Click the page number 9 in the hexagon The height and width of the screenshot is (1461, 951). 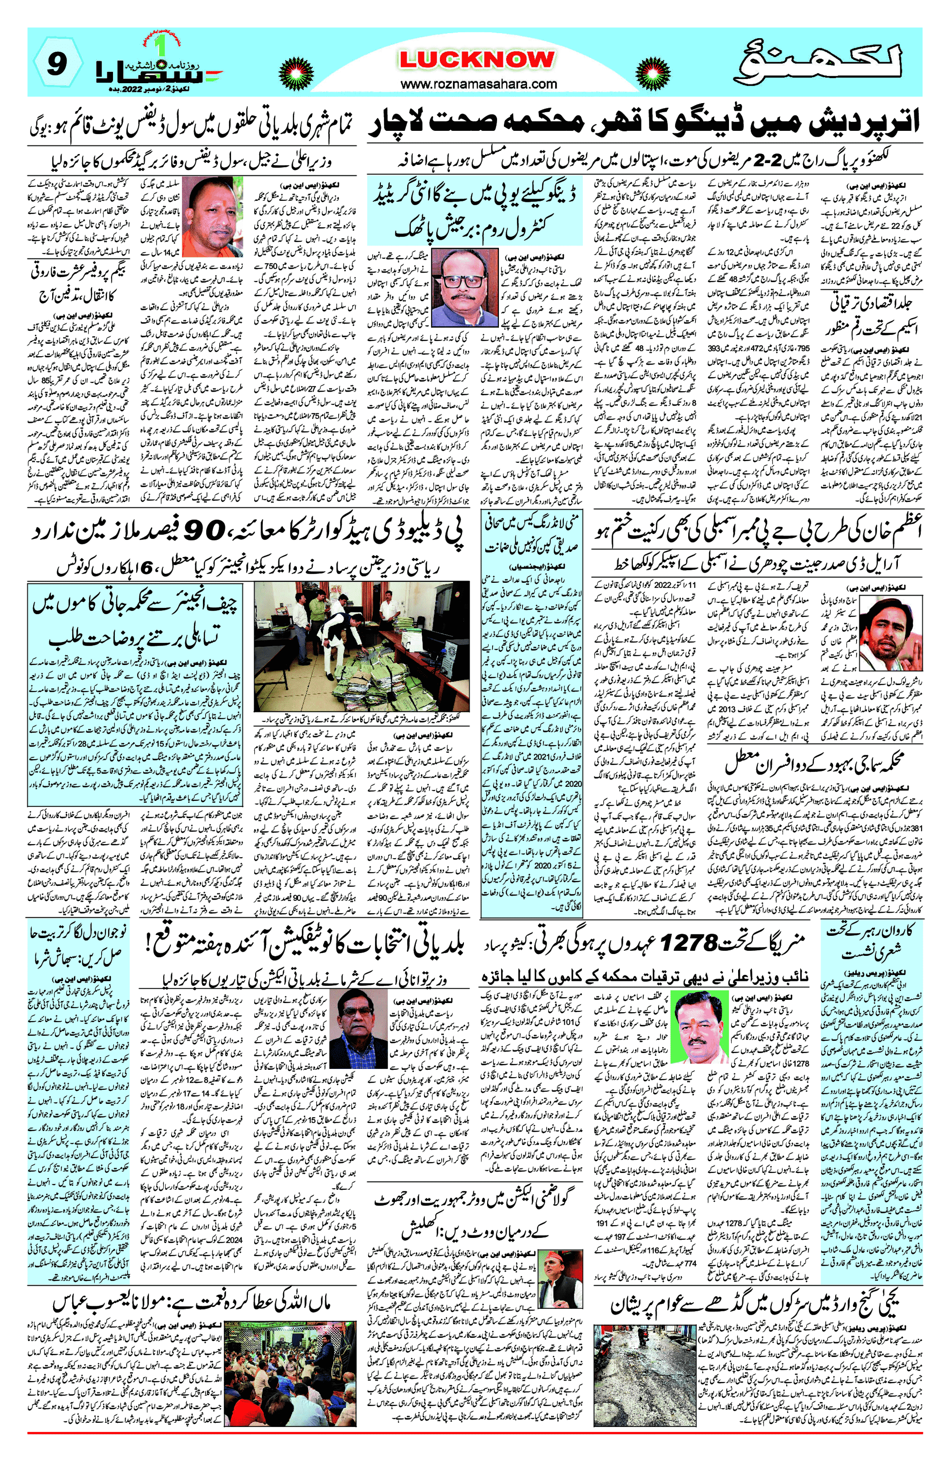[56, 64]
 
